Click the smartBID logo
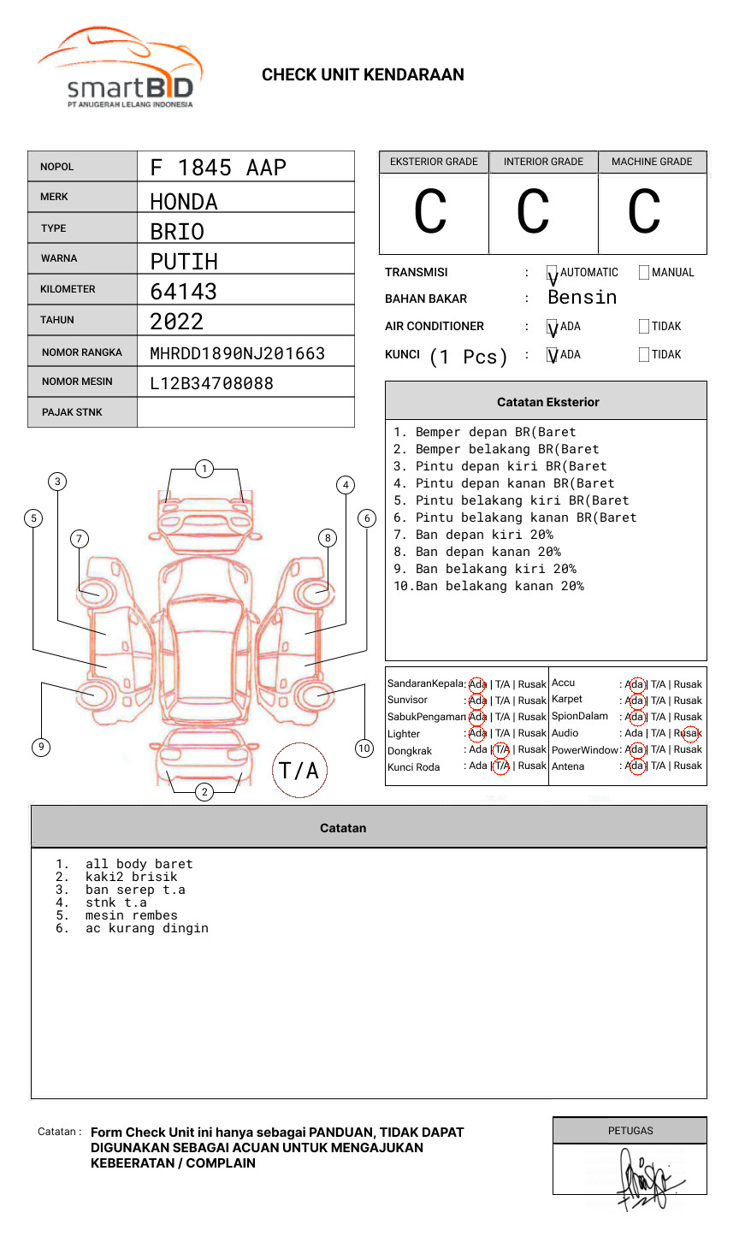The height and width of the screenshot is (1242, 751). pos(120,70)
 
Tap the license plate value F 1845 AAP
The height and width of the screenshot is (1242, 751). pos(218,168)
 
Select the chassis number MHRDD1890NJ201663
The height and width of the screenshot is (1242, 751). pos(237,353)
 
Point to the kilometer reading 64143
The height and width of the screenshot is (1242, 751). pos(183,292)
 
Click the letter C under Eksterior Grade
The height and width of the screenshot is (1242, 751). pos(430,212)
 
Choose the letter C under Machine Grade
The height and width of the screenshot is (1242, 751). pos(644,212)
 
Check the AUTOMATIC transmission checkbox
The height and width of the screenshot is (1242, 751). pos(553,273)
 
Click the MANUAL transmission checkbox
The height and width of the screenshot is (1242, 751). pos(644,273)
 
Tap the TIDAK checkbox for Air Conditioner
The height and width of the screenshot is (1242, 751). pos(644,327)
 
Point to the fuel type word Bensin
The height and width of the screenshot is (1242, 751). pos(582,298)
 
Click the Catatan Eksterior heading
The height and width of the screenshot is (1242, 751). pos(547,402)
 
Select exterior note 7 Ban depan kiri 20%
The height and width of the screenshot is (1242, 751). pos(473,535)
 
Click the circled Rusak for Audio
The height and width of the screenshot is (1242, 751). pos(689,733)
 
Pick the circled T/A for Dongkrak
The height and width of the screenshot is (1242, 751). pos(501,749)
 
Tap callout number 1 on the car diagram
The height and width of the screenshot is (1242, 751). pos(204,469)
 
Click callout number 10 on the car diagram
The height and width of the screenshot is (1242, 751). pos(364,748)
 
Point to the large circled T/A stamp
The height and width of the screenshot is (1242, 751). pos(299,771)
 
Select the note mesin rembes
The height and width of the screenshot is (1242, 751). pos(131,915)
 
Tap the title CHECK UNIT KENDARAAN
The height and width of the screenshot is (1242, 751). pos(363,75)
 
